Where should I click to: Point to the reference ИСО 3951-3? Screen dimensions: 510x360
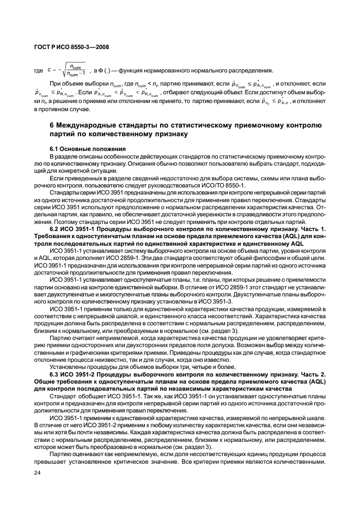pos(222,301)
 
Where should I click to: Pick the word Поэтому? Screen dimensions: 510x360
pos(48,222)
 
